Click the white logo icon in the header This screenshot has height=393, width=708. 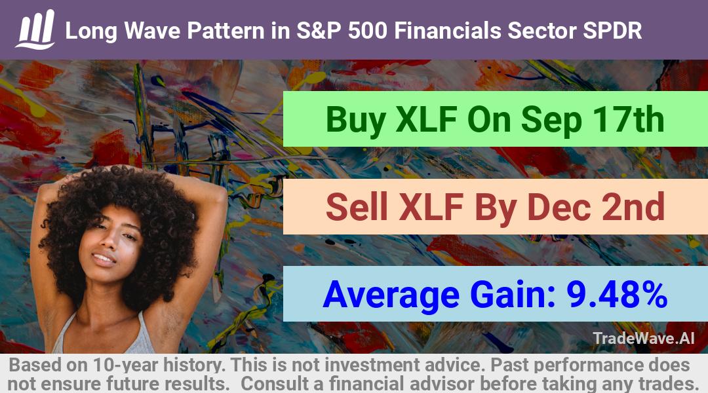click(x=35, y=29)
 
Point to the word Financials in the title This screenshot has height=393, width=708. click(x=448, y=31)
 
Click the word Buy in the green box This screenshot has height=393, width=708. click(x=356, y=120)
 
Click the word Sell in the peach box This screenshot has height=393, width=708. click(x=357, y=206)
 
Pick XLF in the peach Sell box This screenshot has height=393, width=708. click(x=431, y=207)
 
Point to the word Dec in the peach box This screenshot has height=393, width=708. click(x=559, y=206)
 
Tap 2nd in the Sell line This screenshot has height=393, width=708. click(x=633, y=206)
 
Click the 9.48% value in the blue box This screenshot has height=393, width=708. click(x=618, y=294)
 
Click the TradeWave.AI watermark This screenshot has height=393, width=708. click(x=644, y=338)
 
